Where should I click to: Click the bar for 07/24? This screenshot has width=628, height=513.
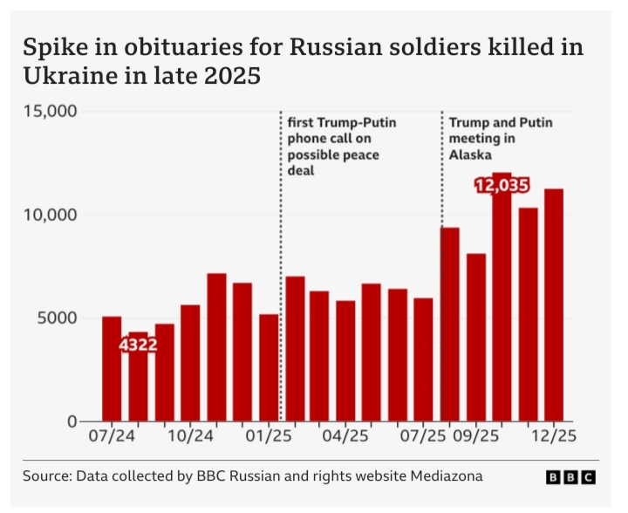tap(112, 369)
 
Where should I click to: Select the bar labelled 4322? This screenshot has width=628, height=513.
tap(138, 384)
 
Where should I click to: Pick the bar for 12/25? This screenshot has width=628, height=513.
tap(554, 305)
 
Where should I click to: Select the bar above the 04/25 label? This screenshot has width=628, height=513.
tap(346, 361)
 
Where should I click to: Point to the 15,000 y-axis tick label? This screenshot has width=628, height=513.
tap(51, 111)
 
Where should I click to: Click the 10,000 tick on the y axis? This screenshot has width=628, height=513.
tap(51, 215)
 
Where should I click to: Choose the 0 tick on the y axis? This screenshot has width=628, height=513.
tap(73, 421)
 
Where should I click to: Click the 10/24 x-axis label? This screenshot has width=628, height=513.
tap(190, 435)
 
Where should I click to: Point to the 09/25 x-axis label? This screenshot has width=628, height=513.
tap(476, 435)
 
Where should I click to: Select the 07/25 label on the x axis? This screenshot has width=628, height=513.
tap(421, 435)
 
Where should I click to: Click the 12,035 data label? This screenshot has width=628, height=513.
tap(502, 186)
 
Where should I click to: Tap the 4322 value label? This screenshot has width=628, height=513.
tap(138, 345)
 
